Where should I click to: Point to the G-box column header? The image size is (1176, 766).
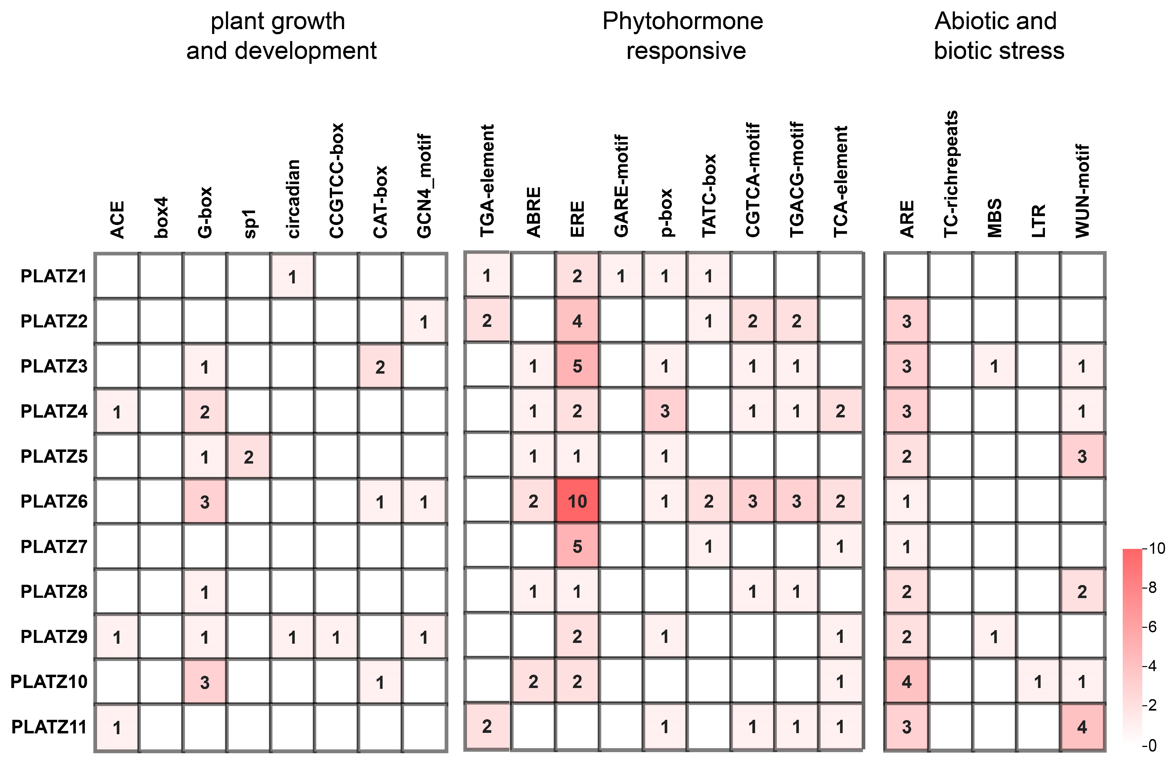point(204,212)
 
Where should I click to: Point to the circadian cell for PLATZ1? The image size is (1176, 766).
point(292,277)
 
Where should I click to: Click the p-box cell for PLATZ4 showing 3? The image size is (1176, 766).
point(665,411)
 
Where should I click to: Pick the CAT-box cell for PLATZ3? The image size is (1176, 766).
point(380,367)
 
